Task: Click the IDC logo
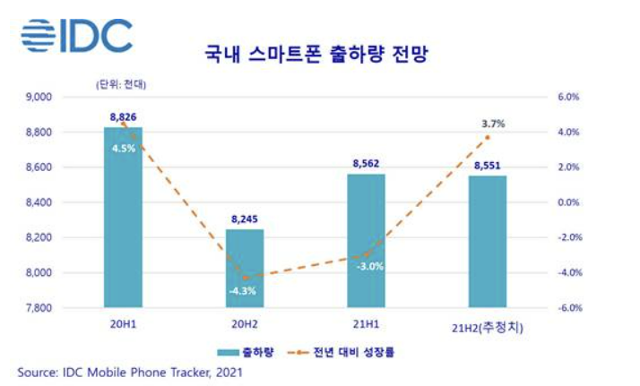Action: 75,35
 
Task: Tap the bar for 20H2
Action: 244,268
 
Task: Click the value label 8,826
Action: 123,117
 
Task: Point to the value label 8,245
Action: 244,218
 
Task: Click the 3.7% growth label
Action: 491,123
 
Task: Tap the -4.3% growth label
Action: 244,291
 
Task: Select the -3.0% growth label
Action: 369,266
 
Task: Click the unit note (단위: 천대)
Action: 121,84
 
